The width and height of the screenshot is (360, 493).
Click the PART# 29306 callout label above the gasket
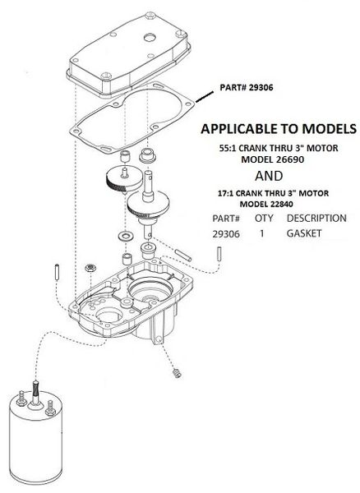pos(247,87)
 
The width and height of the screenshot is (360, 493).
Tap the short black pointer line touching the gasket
pos(205,96)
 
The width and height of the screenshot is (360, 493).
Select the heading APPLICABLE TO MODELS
pos(279,129)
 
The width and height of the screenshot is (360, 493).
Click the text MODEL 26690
pos(273,159)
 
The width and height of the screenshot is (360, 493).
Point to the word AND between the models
pos(269,176)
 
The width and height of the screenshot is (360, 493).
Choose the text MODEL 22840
pos(266,204)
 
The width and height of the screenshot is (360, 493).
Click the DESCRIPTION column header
pos(316,219)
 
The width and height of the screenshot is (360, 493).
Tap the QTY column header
pos(264,219)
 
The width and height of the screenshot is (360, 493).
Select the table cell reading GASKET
pos(304,233)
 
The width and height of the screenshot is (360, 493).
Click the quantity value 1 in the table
pos(262,233)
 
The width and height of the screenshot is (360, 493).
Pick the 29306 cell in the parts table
pos(226,234)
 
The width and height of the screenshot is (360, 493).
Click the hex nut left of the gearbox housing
pos(90,268)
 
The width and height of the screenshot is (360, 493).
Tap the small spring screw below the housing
pos(178,373)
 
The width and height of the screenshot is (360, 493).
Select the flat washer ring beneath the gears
pos(126,236)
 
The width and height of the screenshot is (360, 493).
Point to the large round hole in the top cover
pos(150,38)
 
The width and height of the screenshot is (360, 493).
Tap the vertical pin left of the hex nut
pos(57,273)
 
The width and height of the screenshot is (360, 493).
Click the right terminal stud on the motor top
pos(50,408)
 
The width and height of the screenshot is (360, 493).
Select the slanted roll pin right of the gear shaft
pos(183,255)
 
